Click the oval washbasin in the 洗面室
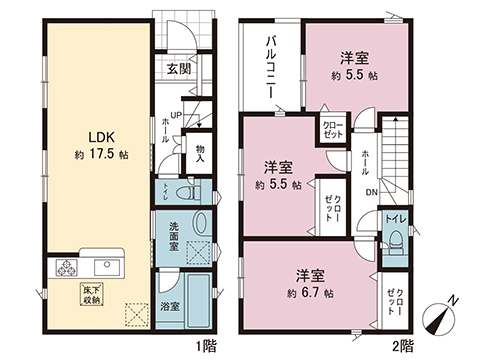[x=200, y=225]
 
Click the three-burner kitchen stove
[x=68, y=267]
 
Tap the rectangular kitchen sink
[x=106, y=266]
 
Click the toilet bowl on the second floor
[x=397, y=240]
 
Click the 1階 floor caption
[x=205, y=346]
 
